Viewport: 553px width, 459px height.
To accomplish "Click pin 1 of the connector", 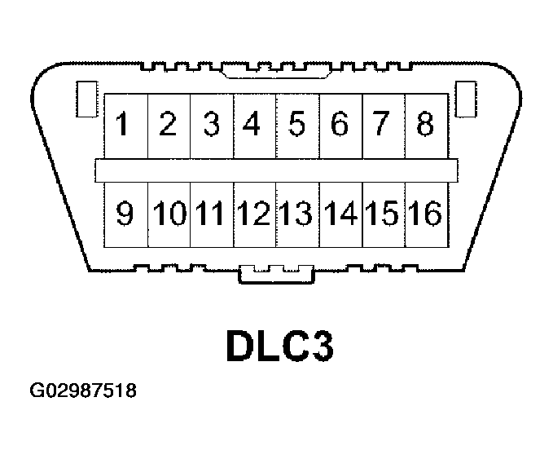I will pos(125,126).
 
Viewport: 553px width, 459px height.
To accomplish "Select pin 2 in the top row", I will pos(169,126).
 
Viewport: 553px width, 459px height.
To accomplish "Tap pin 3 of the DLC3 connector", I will pos(212,126).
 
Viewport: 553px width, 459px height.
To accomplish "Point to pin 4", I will pos(254,126).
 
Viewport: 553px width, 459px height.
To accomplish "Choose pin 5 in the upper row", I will pos(297,126).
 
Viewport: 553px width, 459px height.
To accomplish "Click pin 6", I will pos(340,126).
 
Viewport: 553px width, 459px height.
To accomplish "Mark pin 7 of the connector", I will pos(383,126).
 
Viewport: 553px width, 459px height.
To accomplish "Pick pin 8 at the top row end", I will pos(425,126).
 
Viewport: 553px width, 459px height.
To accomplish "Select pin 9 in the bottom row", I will pos(125,214).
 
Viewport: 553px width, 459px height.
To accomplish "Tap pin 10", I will pos(169,214).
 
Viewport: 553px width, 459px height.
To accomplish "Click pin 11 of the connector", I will pos(212,214).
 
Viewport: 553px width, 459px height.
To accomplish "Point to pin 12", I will pos(254,214).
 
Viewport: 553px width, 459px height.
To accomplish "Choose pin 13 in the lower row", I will pos(297,214).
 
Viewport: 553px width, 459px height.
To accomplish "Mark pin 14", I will pos(340,214).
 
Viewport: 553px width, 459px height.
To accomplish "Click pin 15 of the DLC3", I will pos(383,214).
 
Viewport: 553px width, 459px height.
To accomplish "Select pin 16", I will pos(425,214).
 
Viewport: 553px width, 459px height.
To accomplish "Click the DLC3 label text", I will pos(279,346).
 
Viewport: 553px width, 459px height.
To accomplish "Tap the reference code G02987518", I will pos(82,391).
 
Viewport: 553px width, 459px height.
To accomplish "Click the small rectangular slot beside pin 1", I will pos(84,99).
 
